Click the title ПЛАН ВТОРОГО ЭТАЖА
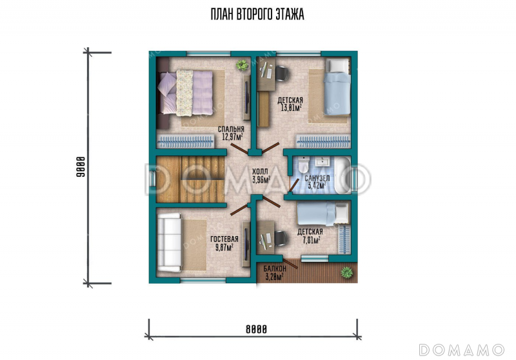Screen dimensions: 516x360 (257, 14)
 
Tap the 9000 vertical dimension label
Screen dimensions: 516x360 (81, 167)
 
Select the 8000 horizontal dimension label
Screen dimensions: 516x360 (256, 329)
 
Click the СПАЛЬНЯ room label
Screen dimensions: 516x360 (231, 129)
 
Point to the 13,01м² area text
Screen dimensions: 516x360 (292, 108)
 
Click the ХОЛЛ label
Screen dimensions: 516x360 (260, 172)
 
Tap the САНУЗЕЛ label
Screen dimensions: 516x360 (317, 178)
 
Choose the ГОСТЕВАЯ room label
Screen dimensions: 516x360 (224, 239)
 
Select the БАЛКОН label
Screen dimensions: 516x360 (275, 269)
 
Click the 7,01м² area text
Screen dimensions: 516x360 (312, 240)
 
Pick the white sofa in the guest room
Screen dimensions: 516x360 (169, 243)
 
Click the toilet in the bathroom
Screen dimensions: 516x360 (304, 165)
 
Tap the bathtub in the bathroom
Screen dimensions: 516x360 (343, 175)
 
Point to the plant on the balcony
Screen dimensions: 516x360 (346, 272)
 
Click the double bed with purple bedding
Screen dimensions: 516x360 (186, 93)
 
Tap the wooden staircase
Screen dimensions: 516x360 (190, 179)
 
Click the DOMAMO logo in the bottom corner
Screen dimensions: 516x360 (461, 350)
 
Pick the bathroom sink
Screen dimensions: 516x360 (322, 161)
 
